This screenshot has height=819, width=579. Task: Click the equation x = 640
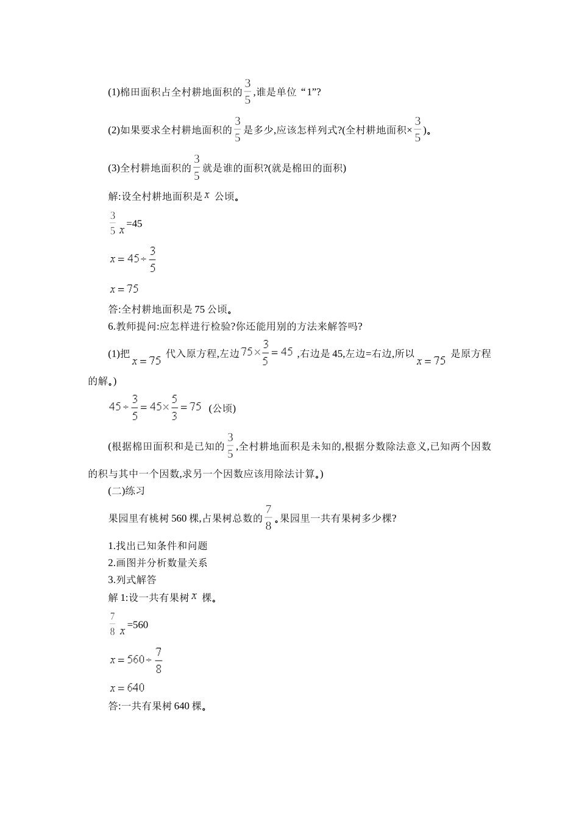pos(127,688)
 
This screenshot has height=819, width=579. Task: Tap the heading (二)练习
pos(126,491)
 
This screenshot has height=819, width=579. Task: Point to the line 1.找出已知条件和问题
pos(157,546)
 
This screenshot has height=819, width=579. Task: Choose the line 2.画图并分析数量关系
pos(157,562)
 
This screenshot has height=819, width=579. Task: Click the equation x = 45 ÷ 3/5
pos(133,258)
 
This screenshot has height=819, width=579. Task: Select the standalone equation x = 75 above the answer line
pos(124,289)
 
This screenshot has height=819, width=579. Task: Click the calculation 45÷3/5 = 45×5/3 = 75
pos(155,407)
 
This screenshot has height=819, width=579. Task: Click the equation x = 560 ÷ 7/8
pos(136,659)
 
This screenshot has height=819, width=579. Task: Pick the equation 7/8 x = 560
pos(128,625)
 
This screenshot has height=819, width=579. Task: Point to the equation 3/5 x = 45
pos(126,224)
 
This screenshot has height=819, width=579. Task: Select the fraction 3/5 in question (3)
pos(197,167)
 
